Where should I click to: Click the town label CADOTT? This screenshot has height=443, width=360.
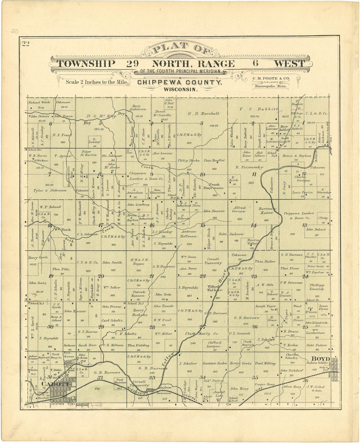pos(55,384)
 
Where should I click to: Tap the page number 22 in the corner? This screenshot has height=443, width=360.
pos(26,44)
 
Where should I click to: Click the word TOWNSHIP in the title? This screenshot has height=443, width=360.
pos(86,64)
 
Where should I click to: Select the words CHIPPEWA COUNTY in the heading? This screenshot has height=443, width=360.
pos(180,83)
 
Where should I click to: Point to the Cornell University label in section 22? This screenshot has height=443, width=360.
pos(213,261)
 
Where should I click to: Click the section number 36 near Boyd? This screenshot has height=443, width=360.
pos(305,380)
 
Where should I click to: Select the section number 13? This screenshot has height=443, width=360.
pos(304,225)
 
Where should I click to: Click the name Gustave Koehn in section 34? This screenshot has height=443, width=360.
pos(215,363)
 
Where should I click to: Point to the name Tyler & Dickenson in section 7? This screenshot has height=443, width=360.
pos(50,190)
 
